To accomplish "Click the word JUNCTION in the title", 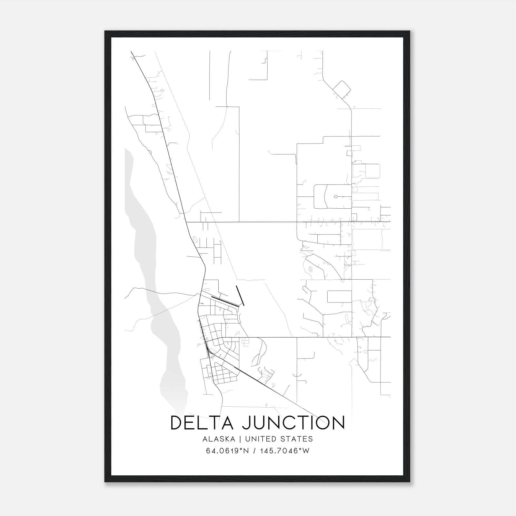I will coord(293,423).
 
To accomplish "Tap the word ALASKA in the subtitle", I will coord(221,439).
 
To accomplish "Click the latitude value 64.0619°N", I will coord(228,451).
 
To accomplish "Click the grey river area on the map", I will coord(142,226).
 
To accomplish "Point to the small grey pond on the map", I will coord(310,269).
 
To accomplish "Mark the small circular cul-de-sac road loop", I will coord(336,196).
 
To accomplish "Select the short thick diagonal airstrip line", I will coord(240,295).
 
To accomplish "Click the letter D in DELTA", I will coord(177,423).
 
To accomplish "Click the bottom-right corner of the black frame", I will coord(410,482).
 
